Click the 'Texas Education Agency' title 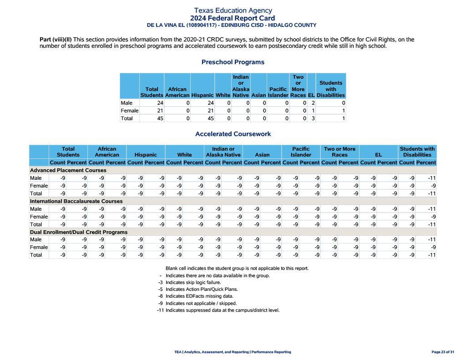[233, 10]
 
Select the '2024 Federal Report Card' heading [233, 18]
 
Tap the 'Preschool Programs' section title [233, 62]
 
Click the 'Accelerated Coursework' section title [233, 134]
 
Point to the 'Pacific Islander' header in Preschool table [278, 92]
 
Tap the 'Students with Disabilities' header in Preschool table [330, 89]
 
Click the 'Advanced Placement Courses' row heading [68, 170]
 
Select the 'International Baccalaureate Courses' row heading [76, 201]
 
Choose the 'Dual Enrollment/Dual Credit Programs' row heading [79, 232]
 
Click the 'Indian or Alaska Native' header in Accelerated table [223, 152]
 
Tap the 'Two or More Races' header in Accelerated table [339, 152]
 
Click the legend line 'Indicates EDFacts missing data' [199, 296]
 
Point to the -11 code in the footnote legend [160, 310]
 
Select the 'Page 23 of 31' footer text [442, 352]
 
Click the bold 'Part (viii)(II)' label [56, 40]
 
